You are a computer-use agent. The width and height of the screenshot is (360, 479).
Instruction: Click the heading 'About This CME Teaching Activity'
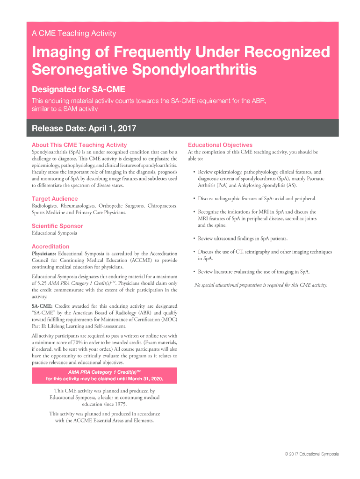pyautogui.click(x=79, y=145)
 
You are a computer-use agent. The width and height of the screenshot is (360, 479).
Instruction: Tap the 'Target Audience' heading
pyautogui.click(x=55, y=199)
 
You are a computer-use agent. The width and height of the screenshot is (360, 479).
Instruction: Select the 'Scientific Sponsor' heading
pyautogui.click(x=57, y=226)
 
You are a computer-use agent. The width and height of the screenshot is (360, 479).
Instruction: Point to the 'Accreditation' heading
pyautogui.click(x=50, y=247)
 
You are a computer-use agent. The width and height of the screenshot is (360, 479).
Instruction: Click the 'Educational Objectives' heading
pyautogui.click(x=220, y=145)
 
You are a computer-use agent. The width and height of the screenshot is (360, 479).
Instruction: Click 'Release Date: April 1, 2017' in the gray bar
pyautogui.click(x=84, y=129)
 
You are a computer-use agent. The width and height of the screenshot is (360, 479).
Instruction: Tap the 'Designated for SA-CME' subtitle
pyautogui.click(x=78, y=89)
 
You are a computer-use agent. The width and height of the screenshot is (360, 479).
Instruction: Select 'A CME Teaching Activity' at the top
pyautogui.click(x=74, y=34)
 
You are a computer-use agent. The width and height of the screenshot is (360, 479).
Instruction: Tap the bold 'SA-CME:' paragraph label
pyautogui.click(x=42, y=306)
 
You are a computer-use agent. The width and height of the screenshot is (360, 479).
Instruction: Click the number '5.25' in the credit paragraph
pyautogui.click(x=42, y=283)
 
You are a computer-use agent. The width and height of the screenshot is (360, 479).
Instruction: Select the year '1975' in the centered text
pyautogui.click(x=119, y=404)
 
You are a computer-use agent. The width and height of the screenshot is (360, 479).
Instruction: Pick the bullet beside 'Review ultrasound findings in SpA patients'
pyautogui.click(x=194, y=239)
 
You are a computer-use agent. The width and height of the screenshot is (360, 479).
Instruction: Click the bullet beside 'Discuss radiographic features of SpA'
pyautogui.click(x=194, y=199)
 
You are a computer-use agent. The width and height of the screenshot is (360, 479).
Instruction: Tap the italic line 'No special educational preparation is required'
pyautogui.click(x=260, y=285)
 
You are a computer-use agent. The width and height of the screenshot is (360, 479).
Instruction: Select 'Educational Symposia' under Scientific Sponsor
pyautogui.click(x=55, y=233)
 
